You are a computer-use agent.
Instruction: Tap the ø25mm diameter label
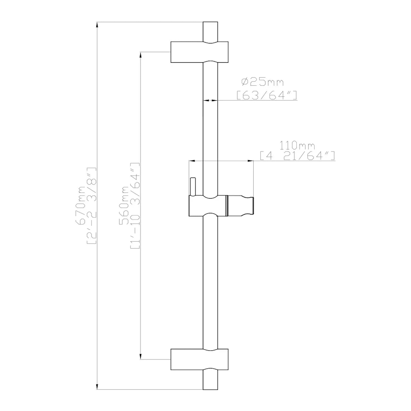(x=262, y=82)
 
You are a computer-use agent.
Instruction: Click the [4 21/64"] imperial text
(x=297, y=156)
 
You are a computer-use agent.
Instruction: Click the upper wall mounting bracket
(x=199, y=52)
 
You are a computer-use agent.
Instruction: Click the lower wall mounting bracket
(x=199, y=359)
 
